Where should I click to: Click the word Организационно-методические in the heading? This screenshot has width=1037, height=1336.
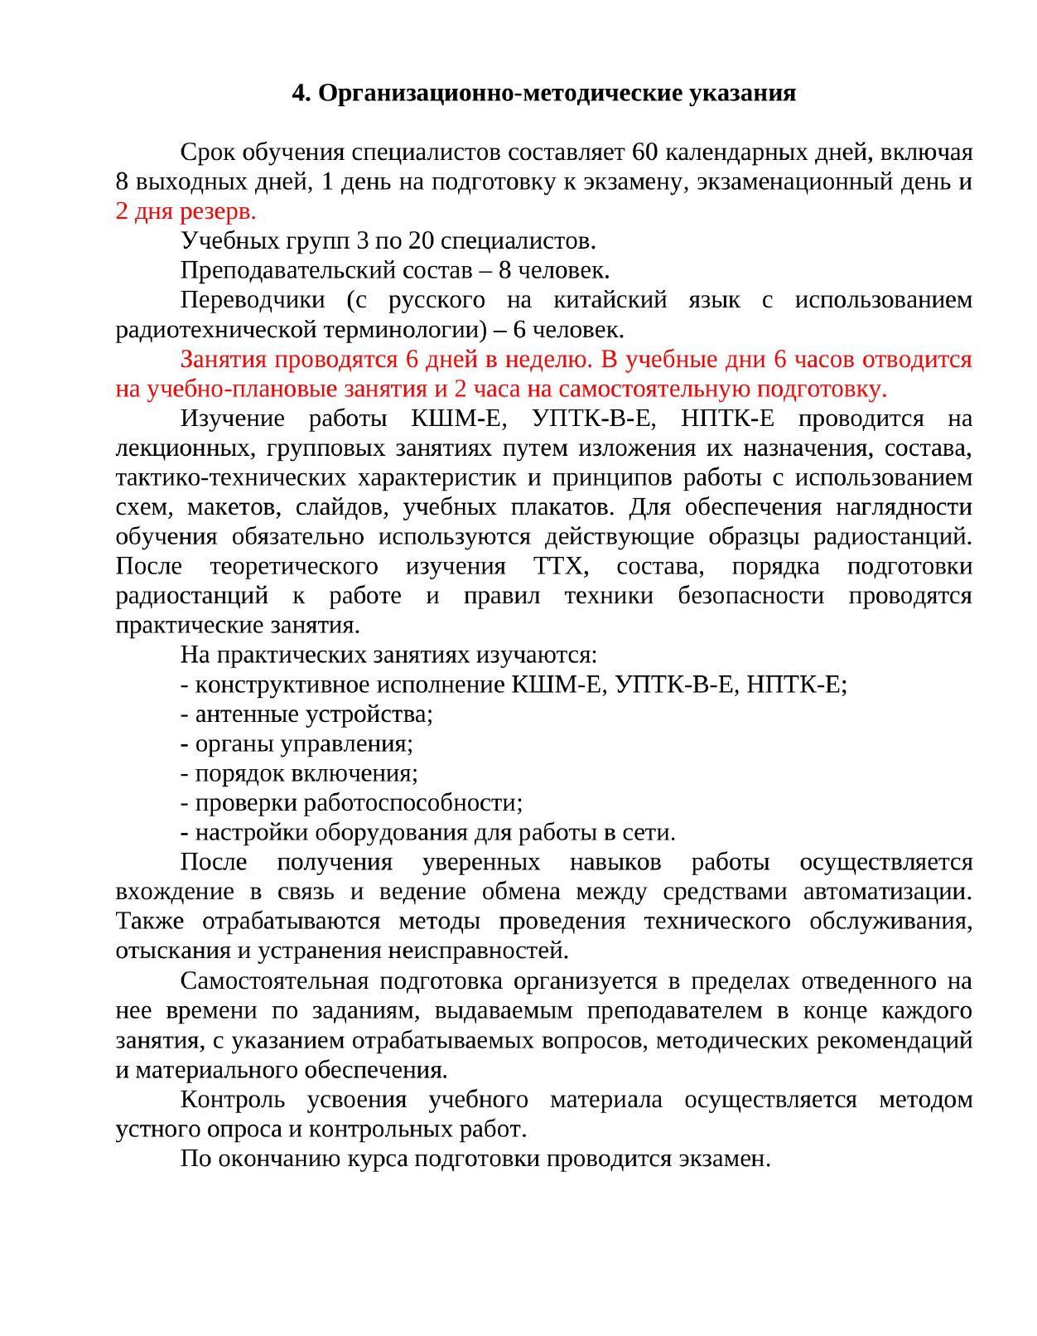pos(499,93)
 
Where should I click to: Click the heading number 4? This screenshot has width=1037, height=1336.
pos(301,93)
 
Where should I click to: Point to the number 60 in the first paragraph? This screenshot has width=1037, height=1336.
pos(645,152)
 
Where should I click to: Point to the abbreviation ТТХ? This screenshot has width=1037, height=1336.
pos(561,567)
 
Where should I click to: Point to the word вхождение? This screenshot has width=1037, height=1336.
pos(175,893)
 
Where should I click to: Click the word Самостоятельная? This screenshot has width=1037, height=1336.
pos(274,981)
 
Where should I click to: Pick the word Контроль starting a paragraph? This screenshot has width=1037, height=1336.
pos(233,1100)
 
